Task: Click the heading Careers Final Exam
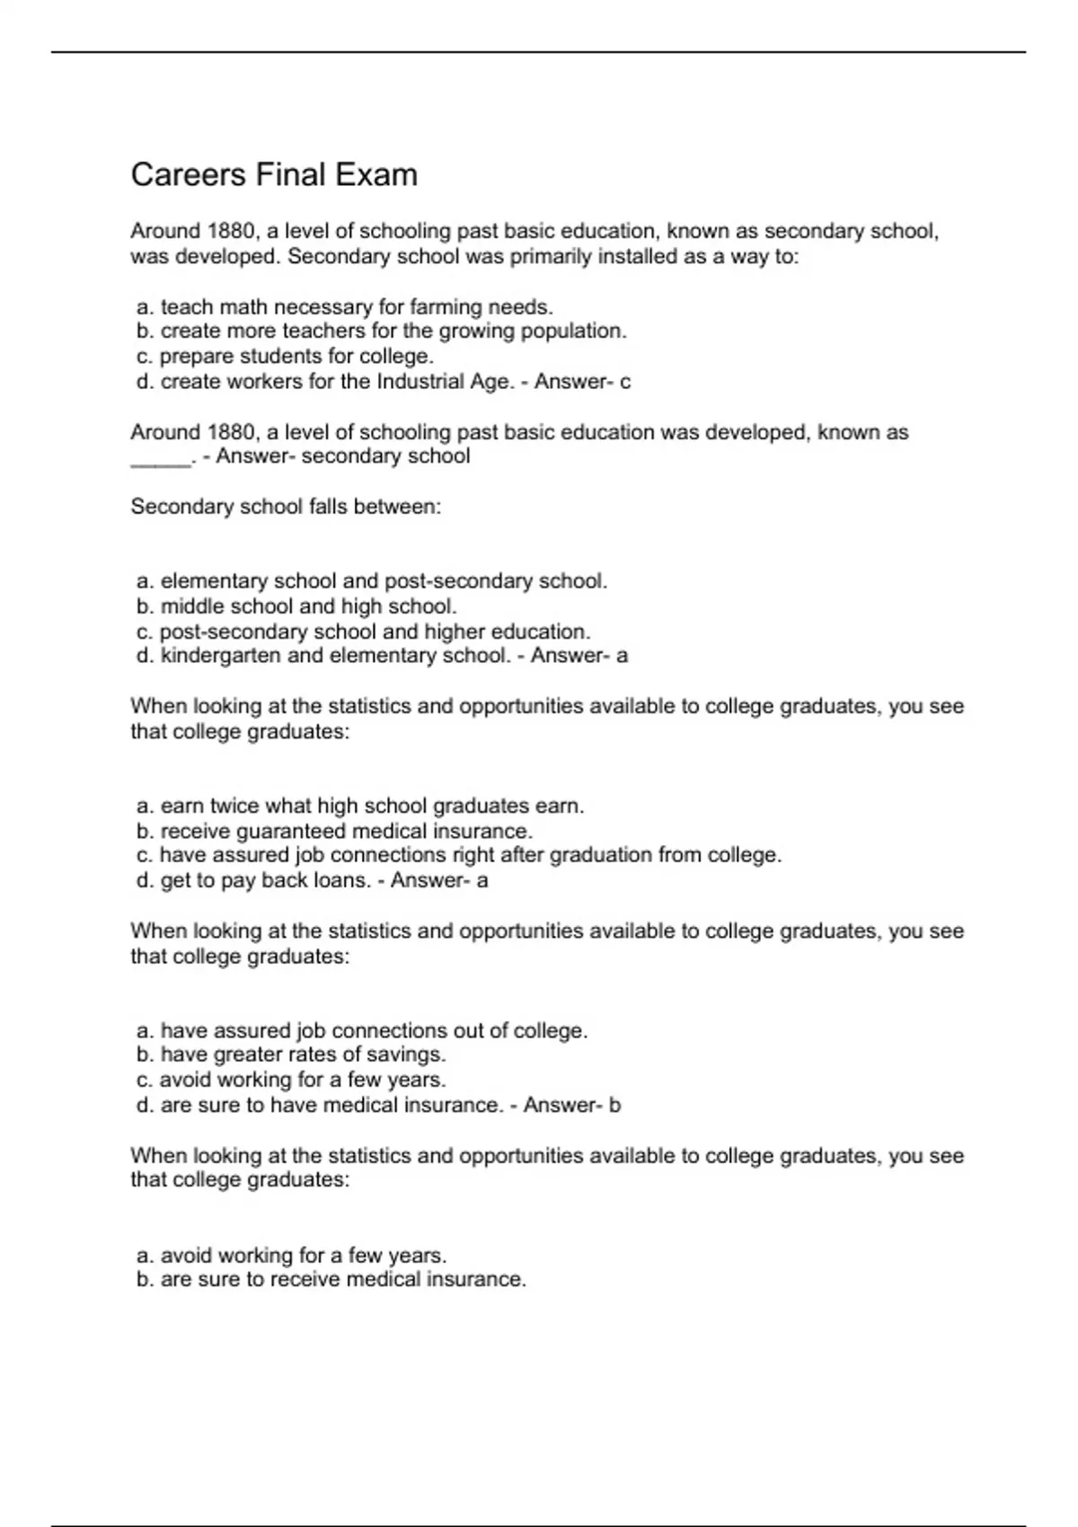tap(274, 174)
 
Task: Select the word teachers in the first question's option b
tap(324, 331)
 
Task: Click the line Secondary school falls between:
tap(286, 507)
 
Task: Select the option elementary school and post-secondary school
tap(372, 581)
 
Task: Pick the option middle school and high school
tap(296, 606)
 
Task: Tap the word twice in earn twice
tap(234, 806)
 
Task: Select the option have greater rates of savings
tap(291, 1055)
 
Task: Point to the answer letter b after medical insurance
tap(614, 1105)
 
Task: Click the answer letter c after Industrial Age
tap(625, 382)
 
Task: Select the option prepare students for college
tap(285, 357)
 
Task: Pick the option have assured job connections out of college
tap(362, 1030)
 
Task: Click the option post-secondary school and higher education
tap(363, 631)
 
